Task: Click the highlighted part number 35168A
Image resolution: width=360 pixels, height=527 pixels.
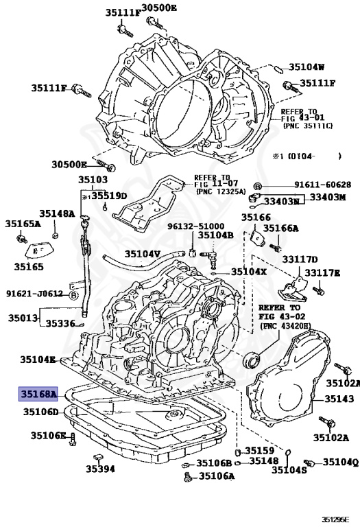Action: point(39,394)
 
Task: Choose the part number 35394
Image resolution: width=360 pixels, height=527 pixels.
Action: point(99,469)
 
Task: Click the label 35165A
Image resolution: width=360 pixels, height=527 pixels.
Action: point(23,224)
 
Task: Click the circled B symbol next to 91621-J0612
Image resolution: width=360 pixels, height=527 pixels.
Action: point(73,294)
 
